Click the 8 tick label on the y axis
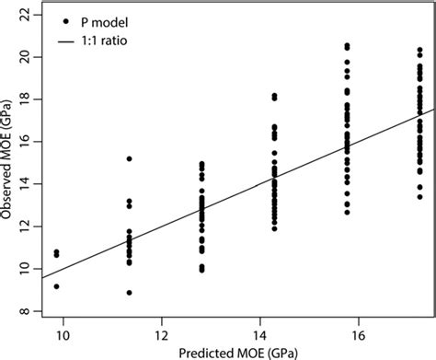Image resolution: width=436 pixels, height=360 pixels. pos(29,312)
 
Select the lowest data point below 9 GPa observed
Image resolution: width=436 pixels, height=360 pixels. pos(130,293)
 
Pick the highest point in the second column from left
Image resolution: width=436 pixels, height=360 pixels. pos(130,159)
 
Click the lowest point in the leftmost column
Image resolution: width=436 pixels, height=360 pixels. pos(57,286)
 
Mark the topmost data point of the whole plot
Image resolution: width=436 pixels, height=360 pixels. pos(347,45)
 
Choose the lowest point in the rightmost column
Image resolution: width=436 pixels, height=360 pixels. pos(419,197)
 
